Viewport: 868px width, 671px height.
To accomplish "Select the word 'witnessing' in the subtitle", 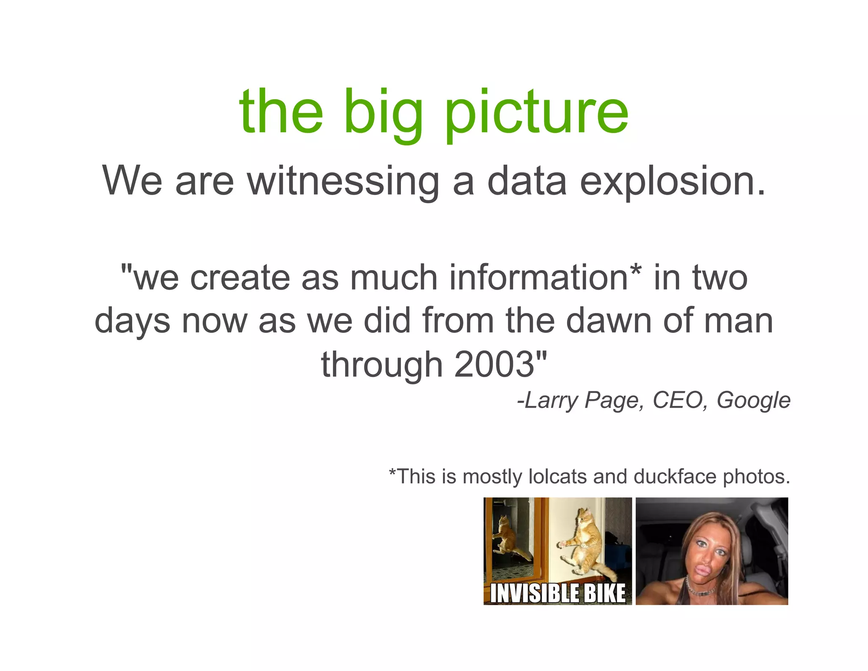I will click(343, 181).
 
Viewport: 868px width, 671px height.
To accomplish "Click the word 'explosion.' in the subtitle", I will click(673, 181).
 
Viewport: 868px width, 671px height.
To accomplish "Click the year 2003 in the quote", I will click(494, 364).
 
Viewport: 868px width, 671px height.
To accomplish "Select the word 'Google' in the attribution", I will click(753, 400).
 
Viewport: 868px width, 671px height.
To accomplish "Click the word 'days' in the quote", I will click(132, 322).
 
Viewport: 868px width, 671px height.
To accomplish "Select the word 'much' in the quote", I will click(395, 278).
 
